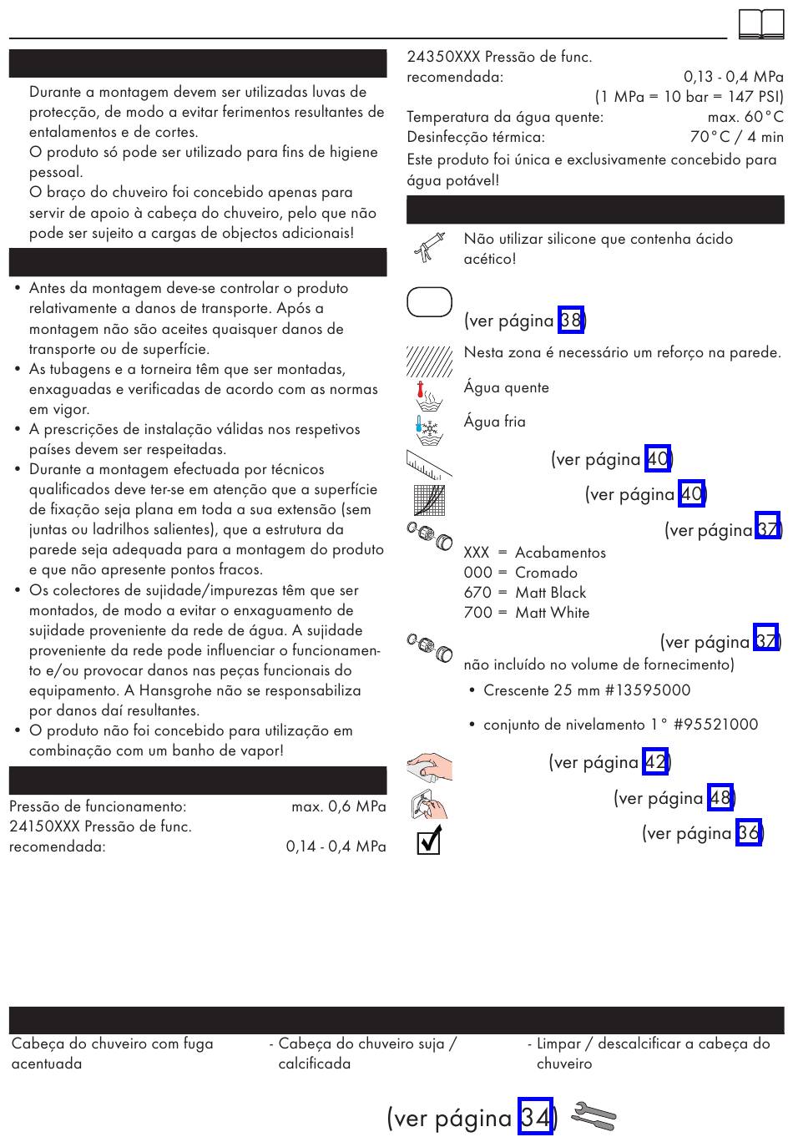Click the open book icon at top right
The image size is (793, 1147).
point(761,24)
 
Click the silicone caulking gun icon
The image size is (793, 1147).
point(427,248)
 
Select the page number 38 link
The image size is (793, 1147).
point(571,320)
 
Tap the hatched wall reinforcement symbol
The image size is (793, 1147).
point(429,361)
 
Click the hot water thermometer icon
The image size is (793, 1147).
point(429,393)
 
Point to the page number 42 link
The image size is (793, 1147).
point(655,761)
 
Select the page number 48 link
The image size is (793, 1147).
point(720,797)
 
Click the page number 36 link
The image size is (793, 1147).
point(749,832)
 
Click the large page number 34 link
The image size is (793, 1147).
point(535,1116)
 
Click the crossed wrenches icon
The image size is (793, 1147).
point(593,1115)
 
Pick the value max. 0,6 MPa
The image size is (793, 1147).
point(338,806)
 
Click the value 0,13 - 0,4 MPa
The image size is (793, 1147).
point(733,77)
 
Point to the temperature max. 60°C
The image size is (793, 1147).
point(745,117)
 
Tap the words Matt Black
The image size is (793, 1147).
point(550,593)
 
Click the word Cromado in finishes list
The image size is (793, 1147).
point(546,573)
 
